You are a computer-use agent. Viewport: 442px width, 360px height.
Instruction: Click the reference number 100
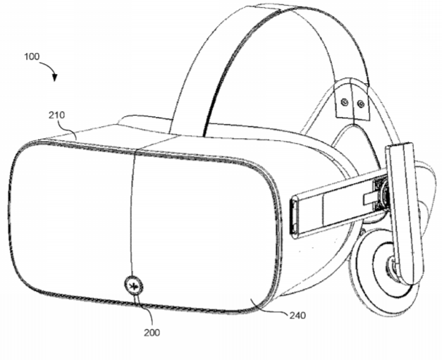tap(32, 56)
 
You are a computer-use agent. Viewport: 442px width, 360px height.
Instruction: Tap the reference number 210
tap(56, 115)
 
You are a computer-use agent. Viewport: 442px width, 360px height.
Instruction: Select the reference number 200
tap(152, 333)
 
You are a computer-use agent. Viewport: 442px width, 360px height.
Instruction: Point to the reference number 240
tap(297, 315)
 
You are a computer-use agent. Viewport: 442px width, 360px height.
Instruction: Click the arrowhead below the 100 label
tap(55, 77)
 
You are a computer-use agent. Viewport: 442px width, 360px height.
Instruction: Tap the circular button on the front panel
tap(134, 287)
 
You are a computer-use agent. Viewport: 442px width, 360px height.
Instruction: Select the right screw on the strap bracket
tap(360, 104)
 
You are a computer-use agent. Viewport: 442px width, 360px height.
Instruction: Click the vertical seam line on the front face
tap(132, 214)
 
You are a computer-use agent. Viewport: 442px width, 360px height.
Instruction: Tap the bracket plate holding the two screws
tap(352, 101)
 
